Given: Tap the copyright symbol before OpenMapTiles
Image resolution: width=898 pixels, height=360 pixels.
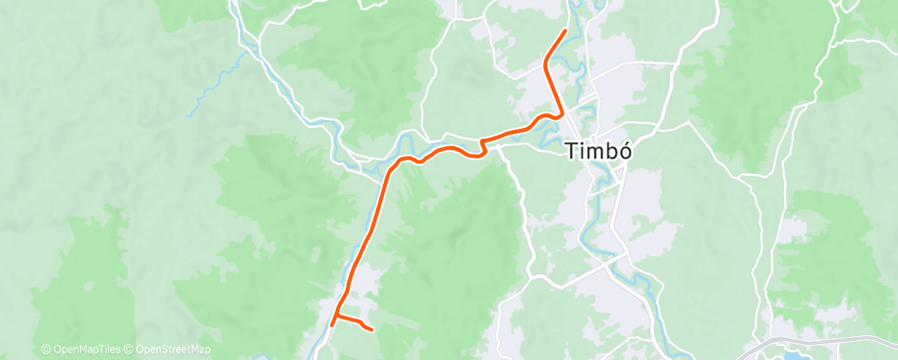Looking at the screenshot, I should tap(46, 350).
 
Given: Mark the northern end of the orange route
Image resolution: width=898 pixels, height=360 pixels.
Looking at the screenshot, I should tap(565, 31).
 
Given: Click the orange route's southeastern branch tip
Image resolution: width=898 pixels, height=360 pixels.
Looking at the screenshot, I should tap(372, 329).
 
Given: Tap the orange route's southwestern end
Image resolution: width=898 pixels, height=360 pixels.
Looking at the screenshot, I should tap(332, 324).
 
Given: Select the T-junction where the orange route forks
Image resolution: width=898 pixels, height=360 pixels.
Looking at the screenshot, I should tap(338, 316).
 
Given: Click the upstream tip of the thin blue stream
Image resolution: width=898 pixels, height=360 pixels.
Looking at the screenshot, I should tap(190, 114).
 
